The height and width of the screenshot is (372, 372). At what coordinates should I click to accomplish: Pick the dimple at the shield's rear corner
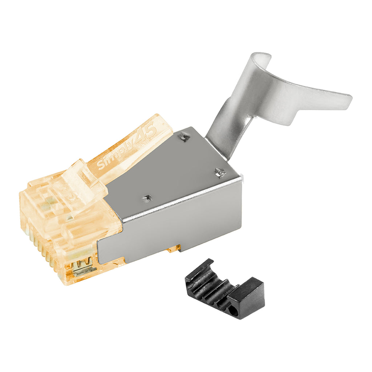220,172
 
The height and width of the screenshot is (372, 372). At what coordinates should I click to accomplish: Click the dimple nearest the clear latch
147,197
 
